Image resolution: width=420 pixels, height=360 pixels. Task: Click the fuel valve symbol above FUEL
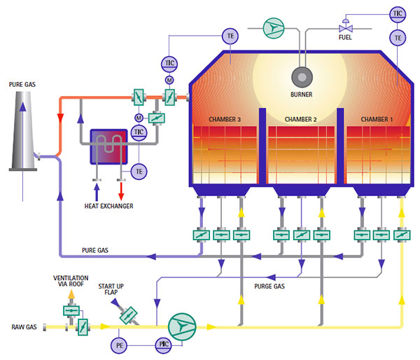pyautogui.click(x=344, y=27)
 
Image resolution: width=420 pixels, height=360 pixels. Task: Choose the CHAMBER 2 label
pyautogui.click(x=300, y=120)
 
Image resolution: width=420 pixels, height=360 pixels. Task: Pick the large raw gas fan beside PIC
pyautogui.click(x=182, y=326)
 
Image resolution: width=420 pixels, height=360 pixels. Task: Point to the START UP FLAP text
pyautogui.click(x=116, y=288)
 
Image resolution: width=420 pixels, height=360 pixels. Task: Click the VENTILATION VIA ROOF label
pyautogui.click(x=71, y=282)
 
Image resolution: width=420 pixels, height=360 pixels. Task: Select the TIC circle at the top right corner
pyautogui.click(x=398, y=13)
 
